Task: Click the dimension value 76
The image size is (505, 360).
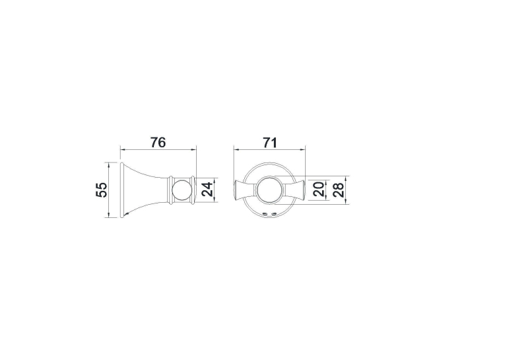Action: (x=158, y=142)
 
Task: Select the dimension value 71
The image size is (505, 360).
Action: (x=270, y=142)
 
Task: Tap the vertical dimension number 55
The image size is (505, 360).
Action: (x=101, y=190)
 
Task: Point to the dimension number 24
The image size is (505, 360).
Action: (x=207, y=190)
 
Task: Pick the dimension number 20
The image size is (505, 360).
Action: (x=319, y=189)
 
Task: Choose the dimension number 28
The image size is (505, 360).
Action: (x=339, y=189)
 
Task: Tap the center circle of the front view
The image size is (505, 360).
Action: (x=270, y=190)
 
